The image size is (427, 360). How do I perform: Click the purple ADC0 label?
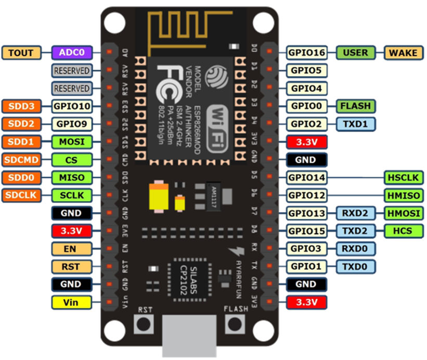[72, 53]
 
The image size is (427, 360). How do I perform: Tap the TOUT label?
[21, 53]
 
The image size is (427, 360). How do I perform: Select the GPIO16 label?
[307, 53]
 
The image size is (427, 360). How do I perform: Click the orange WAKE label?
[403, 53]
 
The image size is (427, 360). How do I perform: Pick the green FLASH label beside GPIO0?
[356, 106]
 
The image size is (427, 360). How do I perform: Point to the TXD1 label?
[356, 124]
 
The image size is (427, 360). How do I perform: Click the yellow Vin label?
[72, 302]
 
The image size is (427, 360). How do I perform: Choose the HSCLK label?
[403, 178]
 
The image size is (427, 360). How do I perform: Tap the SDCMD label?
[22, 160]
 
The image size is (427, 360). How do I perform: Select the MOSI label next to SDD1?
[72, 142]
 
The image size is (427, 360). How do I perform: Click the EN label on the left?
[72, 249]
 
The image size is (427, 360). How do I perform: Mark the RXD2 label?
[356, 213]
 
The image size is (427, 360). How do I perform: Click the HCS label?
[403, 231]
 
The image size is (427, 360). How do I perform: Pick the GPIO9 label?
[72, 124]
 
